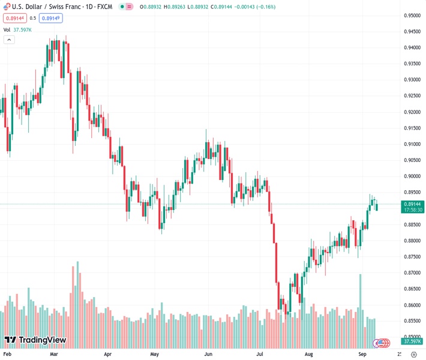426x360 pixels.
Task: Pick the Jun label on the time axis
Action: coord(209,355)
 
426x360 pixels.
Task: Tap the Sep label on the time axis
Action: coord(362,355)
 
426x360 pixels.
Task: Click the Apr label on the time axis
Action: coord(108,355)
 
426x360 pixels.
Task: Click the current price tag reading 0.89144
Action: coord(413,204)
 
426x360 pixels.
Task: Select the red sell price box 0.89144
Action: coord(15,18)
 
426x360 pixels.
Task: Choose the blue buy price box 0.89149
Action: coord(52,18)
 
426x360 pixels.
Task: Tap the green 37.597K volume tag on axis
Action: coord(413,341)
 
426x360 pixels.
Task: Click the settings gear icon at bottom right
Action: coord(413,355)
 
